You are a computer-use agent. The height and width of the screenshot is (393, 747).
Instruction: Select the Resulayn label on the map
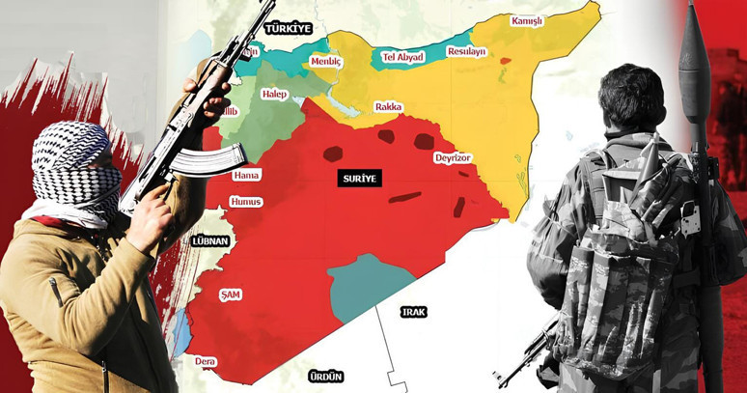coord(467,51)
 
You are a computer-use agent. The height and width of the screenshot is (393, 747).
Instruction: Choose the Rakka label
coord(389,107)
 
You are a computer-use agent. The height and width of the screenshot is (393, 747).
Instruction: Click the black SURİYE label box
coord(361,179)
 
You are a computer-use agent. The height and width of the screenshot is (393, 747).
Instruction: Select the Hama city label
coord(246,175)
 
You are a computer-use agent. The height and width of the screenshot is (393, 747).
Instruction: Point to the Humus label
coord(245,202)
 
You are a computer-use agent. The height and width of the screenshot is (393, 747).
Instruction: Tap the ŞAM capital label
coord(230,293)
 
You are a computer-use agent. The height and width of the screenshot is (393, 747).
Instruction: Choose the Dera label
coord(206,361)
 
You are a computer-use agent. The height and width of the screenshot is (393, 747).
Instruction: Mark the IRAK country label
coord(414,311)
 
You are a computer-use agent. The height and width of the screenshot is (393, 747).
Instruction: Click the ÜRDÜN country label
coord(325,376)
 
